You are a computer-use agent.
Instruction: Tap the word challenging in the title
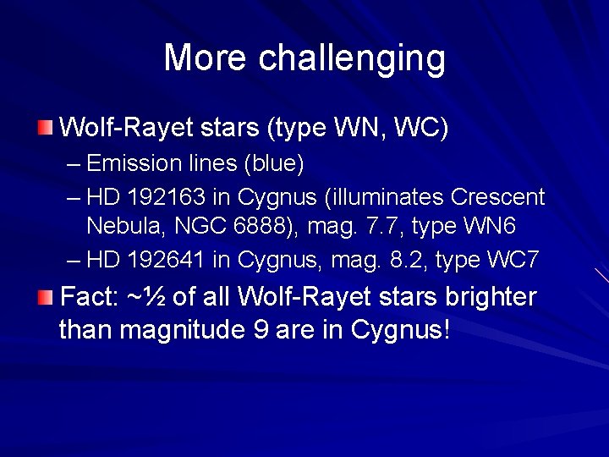click(x=352, y=59)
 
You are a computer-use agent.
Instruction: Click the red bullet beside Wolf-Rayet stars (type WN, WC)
click(x=45, y=129)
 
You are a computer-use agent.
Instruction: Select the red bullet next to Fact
click(x=45, y=297)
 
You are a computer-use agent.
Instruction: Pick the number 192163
click(x=167, y=197)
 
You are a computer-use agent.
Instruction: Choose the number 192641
click(x=167, y=260)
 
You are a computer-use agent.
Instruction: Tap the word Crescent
click(x=497, y=197)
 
